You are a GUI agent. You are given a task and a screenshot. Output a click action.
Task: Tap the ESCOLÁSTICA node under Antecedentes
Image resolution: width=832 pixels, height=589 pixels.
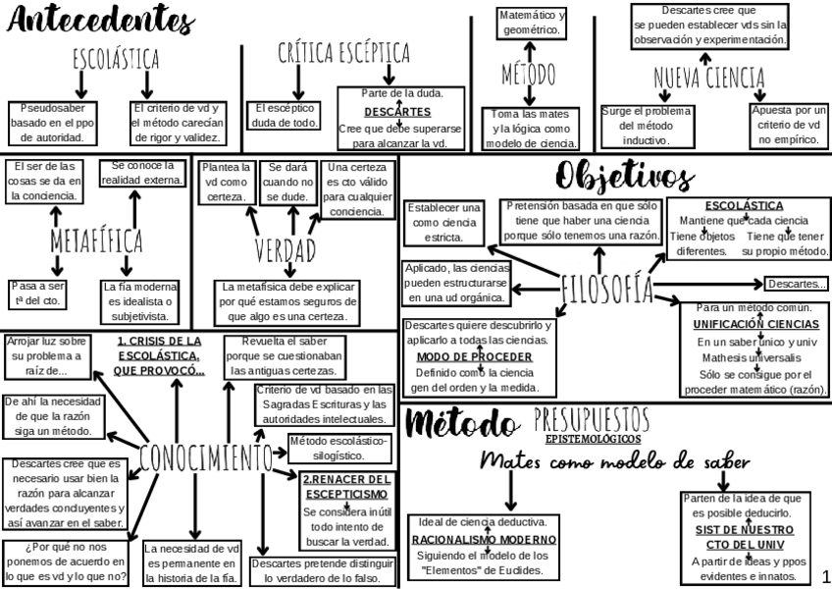(x=116, y=60)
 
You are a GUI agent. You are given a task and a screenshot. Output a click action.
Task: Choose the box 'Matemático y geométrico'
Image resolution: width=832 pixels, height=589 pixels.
(x=531, y=23)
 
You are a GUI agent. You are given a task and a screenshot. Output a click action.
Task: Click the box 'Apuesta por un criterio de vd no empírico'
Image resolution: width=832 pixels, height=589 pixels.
(x=789, y=125)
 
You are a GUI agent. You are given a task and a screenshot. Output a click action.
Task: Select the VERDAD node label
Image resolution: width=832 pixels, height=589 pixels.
(x=286, y=249)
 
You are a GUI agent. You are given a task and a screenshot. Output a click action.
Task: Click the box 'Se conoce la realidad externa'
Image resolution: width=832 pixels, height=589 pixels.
(x=141, y=173)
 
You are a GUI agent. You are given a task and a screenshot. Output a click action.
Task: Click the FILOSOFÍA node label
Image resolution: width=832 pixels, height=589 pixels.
(x=606, y=287)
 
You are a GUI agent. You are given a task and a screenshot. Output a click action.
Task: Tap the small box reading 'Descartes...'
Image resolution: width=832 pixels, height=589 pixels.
(x=796, y=285)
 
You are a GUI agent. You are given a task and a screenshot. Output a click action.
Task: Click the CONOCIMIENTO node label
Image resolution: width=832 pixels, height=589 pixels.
(x=205, y=456)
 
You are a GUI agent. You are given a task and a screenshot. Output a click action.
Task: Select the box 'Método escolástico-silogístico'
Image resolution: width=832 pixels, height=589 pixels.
(x=338, y=447)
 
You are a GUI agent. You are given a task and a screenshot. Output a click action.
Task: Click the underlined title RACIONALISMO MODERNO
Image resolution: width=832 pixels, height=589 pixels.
(x=484, y=539)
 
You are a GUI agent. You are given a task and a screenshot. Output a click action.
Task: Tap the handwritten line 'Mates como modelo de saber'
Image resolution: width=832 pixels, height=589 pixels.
(x=615, y=462)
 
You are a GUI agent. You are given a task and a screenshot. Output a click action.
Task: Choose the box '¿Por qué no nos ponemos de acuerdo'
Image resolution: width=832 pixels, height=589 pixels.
(x=65, y=562)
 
